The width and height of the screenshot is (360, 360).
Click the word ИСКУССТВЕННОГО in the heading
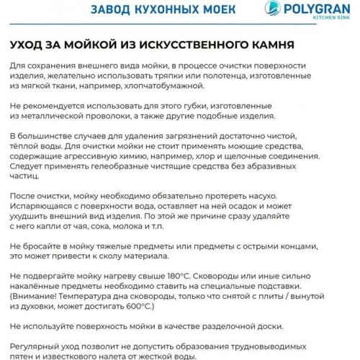pyautogui.click(x=178, y=45)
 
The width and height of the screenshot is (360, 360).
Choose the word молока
pyautogui.click(x=128, y=224)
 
